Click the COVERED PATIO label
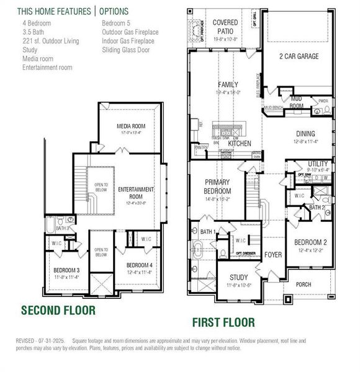(x=225, y=27)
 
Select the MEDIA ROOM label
(x=131, y=126)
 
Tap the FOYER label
(x=273, y=255)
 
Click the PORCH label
(x=304, y=285)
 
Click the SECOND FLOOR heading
(x=58, y=310)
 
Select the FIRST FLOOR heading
(x=223, y=322)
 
